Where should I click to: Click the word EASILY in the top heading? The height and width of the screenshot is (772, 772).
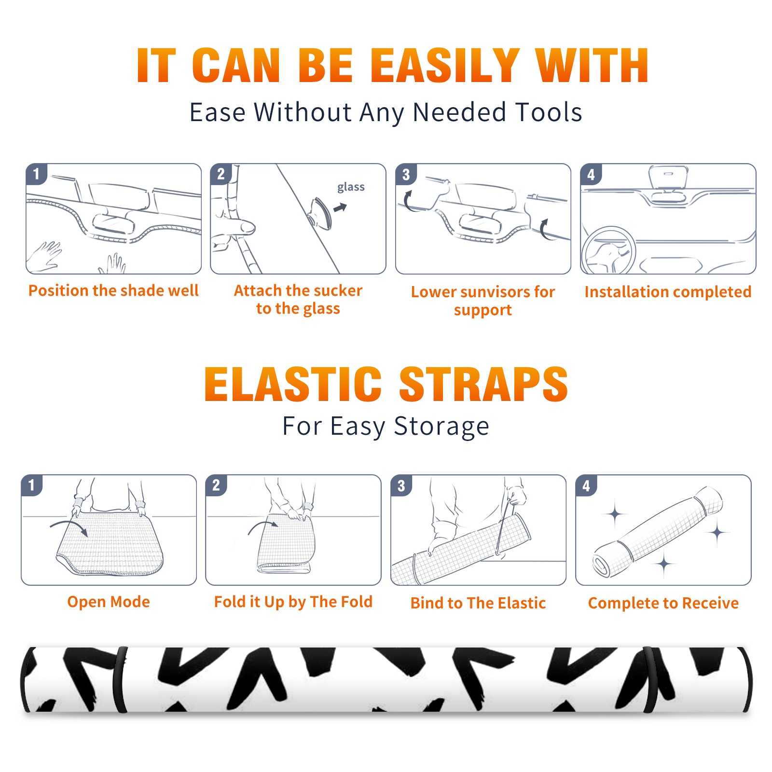(444, 66)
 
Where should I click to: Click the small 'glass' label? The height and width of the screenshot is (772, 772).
(351, 187)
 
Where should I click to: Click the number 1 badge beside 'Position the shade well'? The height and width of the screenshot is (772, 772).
(37, 174)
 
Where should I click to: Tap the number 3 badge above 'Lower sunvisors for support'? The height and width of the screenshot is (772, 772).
(406, 174)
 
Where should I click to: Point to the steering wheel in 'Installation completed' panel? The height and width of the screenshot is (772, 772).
(608, 251)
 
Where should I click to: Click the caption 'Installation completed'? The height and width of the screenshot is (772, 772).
(668, 292)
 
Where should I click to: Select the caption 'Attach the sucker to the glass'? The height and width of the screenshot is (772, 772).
(298, 299)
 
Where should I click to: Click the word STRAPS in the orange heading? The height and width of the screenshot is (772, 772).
(483, 384)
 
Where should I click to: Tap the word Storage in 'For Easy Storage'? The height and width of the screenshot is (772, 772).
(441, 427)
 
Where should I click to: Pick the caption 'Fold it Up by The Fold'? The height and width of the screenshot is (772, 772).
(293, 602)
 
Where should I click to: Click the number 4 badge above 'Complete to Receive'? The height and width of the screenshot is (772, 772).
(586, 485)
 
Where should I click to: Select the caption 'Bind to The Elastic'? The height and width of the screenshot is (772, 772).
(478, 603)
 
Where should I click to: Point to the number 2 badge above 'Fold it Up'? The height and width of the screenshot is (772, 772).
(216, 485)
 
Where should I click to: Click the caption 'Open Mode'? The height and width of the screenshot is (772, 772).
(109, 602)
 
